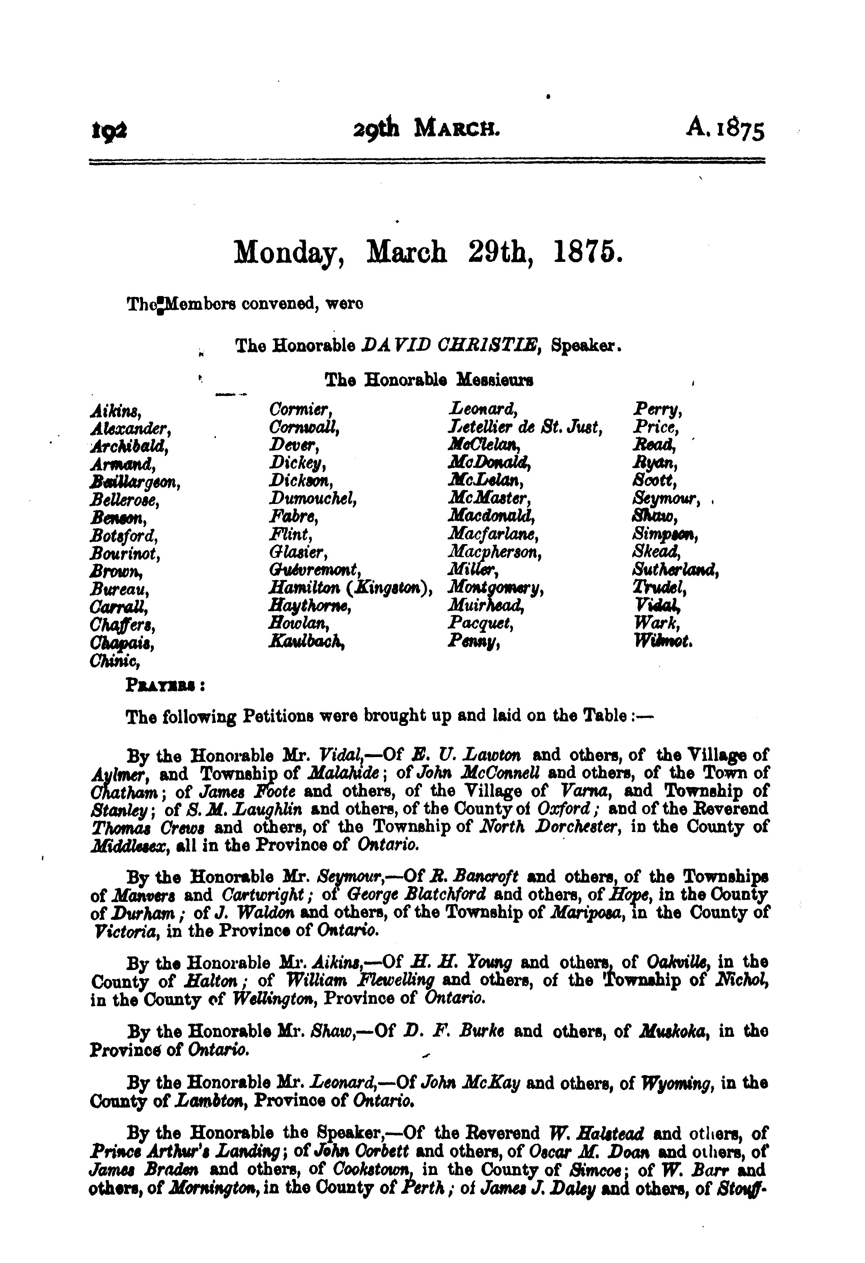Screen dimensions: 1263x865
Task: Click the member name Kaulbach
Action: click(308, 642)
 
